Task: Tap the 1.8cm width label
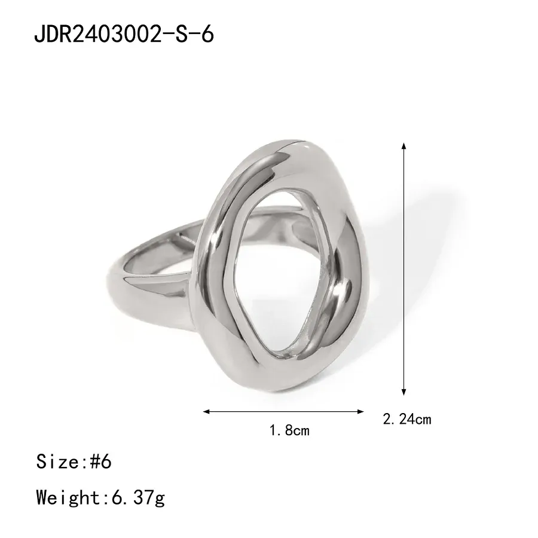tap(289, 429)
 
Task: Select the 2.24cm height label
tap(406, 419)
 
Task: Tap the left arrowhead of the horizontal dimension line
tap(207, 411)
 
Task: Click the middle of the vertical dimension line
tap(404, 269)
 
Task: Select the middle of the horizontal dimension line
tap(284, 411)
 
